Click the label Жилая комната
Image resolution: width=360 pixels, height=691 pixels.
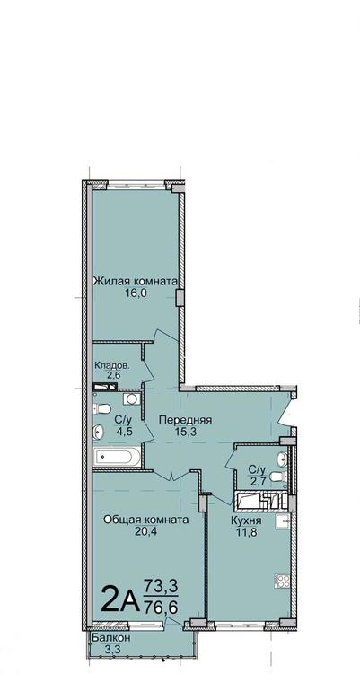pos(136,281)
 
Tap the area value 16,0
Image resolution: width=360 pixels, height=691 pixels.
pos(136,293)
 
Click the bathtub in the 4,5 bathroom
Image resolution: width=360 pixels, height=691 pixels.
pos(118,457)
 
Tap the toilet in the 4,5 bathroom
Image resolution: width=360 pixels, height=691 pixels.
pos(101,409)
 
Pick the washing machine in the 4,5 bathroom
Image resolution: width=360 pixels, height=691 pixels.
pos(131,398)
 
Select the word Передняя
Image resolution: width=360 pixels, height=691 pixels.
pos(186,420)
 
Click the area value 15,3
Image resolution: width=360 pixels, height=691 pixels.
pos(186,432)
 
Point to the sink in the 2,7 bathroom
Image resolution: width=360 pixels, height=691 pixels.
pos(282,459)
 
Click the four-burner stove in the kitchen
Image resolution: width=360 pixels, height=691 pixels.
pos(282,581)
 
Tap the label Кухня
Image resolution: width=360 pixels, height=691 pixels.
pos(246,520)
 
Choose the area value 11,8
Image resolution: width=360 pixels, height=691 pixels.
pos(246,532)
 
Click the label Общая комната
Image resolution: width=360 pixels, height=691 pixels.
pos(145,520)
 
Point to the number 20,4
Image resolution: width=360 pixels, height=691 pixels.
pos(145,531)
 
